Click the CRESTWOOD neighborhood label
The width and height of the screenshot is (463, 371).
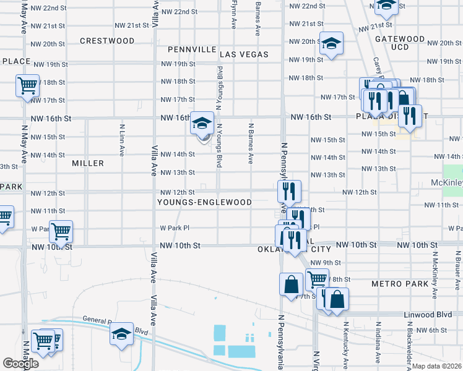[x=107, y=41]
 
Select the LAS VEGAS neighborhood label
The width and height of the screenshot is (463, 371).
[x=244, y=54]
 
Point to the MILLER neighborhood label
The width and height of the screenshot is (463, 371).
[x=87, y=163]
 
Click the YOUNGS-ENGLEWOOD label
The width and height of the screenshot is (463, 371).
[x=204, y=202]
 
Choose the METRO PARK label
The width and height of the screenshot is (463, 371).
[x=400, y=284]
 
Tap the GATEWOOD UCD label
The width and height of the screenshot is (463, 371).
[x=400, y=43]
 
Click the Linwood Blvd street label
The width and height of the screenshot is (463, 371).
[x=427, y=315]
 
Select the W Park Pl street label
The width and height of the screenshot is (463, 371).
[x=174, y=228]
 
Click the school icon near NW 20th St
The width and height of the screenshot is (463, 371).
[x=331, y=44]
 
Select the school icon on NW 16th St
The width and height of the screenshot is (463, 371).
[x=202, y=123]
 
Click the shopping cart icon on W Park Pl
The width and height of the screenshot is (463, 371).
[x=61, y=232]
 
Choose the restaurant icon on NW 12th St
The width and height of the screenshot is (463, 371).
[x=289, y=190]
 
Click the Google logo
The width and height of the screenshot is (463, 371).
[x=20, y=364]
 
